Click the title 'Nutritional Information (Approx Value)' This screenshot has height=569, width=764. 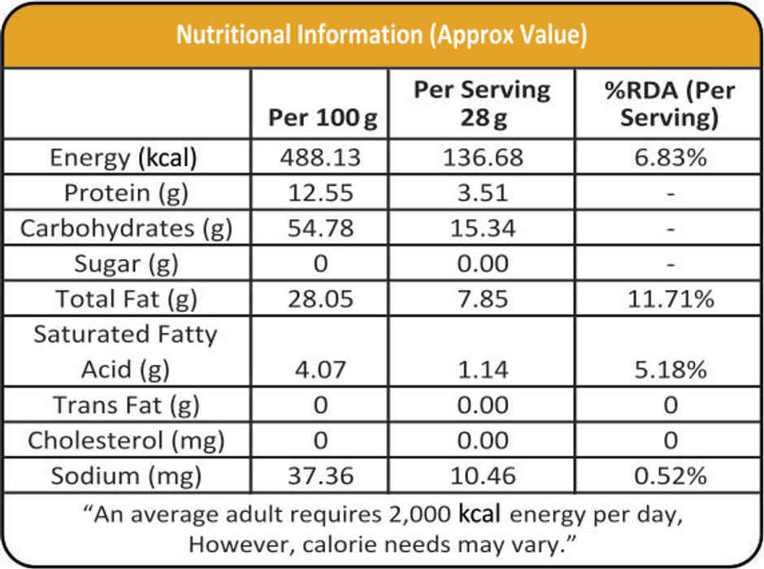pyautogui.click(x=382, y=35)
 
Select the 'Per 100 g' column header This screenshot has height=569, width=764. pyautogui.click(x=323, y=119)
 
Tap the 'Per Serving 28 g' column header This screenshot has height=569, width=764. pyautogui.click(x=482, y=104)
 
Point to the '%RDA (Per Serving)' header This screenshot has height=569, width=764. pyautogui.click(x=669, y=104)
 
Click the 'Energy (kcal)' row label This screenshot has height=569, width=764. pyautogui.click(x=124, y=158)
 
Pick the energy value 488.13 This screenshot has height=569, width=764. pyautogui.click(x=320, y=158)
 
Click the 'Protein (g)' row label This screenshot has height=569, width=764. pyautogui.click(x=124, y=193)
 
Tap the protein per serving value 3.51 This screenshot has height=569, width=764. pyautogui.click(x=482, y=193)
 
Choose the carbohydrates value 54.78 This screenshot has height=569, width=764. pyautogui.click(x=320, y=228)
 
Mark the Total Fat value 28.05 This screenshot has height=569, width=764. pyautogui.click(x=320, y=299)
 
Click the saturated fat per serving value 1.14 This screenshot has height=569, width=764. pyautogui.click(x=482, y=370)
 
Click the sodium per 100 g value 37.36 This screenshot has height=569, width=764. pyautogui.click(x=320, y=476)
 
